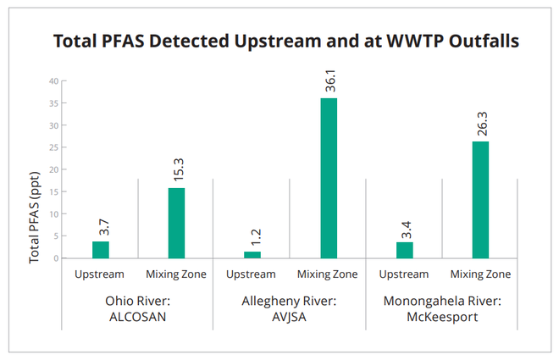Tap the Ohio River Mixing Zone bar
point(176,223)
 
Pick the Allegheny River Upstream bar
point(252,254)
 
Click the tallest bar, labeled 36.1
point(329,178)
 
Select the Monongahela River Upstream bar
point(405,250)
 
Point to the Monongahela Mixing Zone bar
point(480,199)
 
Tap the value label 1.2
point(253,231)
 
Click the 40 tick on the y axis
point(53,81)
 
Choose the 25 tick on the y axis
point(53,147)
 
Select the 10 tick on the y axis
point(53,213)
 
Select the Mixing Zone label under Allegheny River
point(329,274)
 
